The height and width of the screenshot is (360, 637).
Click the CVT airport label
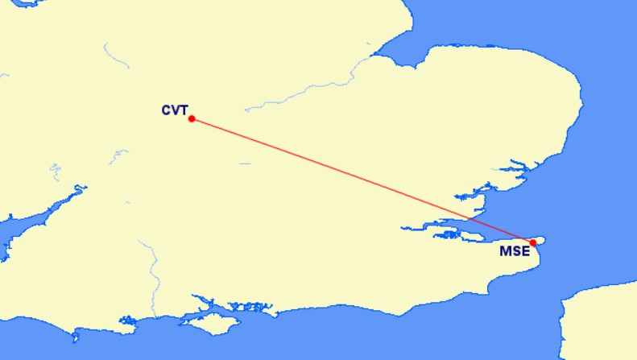(174, 110)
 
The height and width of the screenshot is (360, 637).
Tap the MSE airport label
(515, 251)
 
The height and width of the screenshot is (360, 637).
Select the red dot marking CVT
(192, 119)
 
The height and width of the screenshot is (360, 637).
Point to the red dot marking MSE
(533, 242)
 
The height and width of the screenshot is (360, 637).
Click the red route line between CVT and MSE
(362, 181)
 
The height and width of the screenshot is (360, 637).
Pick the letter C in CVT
(166, 110)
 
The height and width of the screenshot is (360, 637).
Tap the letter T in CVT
(183, 110)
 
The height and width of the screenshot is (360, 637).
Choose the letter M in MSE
(506, 251)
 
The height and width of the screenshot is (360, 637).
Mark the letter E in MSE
(526, 251)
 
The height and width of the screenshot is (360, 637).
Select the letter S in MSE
(516, 251)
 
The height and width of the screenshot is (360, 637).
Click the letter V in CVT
(175, 110)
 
